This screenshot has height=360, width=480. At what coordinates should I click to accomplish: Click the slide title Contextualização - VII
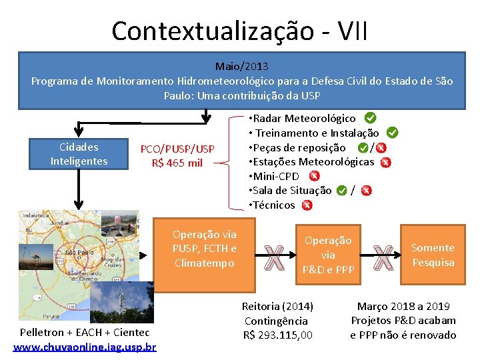coord(239,31)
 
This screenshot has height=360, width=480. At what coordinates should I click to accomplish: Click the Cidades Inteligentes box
coord(79,154)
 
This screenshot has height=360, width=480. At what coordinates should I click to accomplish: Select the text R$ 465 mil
coord(177,163)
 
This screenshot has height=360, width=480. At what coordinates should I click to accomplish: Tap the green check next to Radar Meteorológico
coord(370,118)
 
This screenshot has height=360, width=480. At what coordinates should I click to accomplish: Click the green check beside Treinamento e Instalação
coord(393,133)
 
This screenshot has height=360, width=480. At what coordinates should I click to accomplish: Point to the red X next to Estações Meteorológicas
coord(385,162)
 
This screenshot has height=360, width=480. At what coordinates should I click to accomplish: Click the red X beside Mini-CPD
coord(314,176)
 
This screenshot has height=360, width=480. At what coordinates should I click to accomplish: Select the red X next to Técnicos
coord(307,205)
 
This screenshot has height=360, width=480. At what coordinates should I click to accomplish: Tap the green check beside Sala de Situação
coord(341,191)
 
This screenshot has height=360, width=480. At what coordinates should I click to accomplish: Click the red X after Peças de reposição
coord(381,148)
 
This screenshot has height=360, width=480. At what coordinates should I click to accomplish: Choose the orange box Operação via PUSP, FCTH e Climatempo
coord(204,249)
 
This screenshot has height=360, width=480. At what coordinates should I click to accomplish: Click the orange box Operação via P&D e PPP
coord(328,255)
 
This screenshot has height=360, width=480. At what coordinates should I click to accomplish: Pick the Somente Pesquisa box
coord(433,255)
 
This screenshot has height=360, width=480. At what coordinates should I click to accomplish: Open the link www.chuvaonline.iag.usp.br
coord(85,347)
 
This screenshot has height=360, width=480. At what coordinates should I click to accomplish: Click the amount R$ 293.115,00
coord(277,335)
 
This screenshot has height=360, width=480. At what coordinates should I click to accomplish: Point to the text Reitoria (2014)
coord(277,307)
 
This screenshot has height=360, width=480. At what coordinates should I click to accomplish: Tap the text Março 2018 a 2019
coord(403,307)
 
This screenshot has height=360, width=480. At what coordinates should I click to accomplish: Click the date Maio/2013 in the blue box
coord(241,67)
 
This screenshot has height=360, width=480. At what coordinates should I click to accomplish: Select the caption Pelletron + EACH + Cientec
coord(85,332)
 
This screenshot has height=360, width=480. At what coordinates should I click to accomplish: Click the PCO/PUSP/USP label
coord(177,149)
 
